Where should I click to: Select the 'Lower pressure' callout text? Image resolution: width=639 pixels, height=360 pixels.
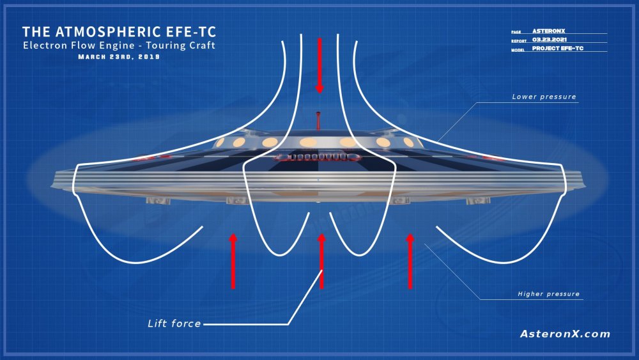tap(544, 97)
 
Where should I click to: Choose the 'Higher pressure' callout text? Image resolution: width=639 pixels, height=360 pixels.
tap(549, 294)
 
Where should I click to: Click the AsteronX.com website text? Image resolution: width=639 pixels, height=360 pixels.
tap(565, 334)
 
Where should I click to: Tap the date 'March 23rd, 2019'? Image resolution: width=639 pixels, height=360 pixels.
tap(119, 56)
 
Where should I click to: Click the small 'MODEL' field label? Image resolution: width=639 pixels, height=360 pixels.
tap(519, 49)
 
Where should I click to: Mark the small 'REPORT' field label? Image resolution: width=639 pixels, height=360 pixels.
tap(519, 40)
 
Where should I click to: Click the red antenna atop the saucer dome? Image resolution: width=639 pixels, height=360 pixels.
tap(319, 119)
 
